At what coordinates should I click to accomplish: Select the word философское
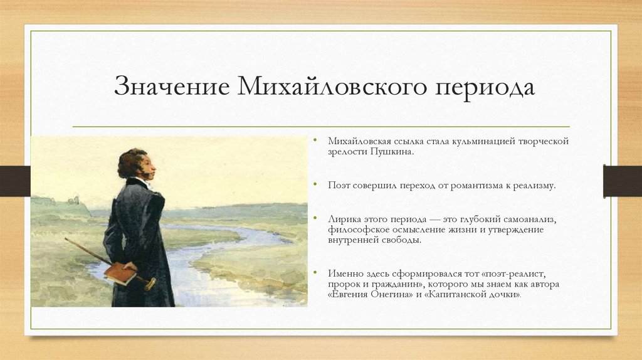coord(357,230)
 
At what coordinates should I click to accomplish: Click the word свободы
coord(404,240)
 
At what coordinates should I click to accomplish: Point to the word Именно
coord(345,274)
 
